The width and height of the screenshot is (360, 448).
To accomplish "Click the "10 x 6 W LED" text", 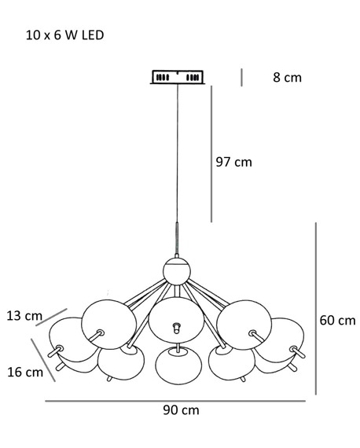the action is [x=65, y=35].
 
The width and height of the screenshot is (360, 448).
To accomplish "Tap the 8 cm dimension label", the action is [x=287, y=78].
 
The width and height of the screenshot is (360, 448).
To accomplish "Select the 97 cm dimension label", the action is [x=233, y=162].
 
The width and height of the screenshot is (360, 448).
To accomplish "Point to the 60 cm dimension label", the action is [x=337, y=321].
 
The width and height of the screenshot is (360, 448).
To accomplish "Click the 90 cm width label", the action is [x=181, y=410].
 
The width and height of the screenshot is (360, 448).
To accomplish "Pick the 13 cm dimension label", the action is [x=24, y=316].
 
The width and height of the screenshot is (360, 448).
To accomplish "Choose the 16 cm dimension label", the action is [x=25, y=372].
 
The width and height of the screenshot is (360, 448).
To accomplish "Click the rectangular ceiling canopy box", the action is [x=178, y=77].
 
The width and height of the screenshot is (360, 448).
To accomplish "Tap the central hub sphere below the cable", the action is [x=177, y=271].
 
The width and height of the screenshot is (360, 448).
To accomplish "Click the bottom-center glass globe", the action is [x=178, y=365].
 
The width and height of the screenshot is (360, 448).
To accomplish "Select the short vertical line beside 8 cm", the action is [x=242, y=78].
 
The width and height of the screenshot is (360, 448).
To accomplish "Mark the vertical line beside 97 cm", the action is [x=211, y=154].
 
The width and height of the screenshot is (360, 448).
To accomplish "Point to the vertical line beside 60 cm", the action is [x=316, y=309].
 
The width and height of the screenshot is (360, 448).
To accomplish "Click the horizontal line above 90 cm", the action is [x=175, y=401].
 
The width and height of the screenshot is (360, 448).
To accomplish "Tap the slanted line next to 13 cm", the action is [x=51, y=318].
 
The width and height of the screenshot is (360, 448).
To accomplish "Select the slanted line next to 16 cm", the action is [x=43, y=360].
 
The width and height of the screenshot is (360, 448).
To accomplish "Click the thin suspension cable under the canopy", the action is [x=178, y=154].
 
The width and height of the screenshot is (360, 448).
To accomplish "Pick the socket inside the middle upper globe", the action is [x=177, y=328].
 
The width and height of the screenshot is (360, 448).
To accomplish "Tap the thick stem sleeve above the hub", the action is [x=177, y=239].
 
